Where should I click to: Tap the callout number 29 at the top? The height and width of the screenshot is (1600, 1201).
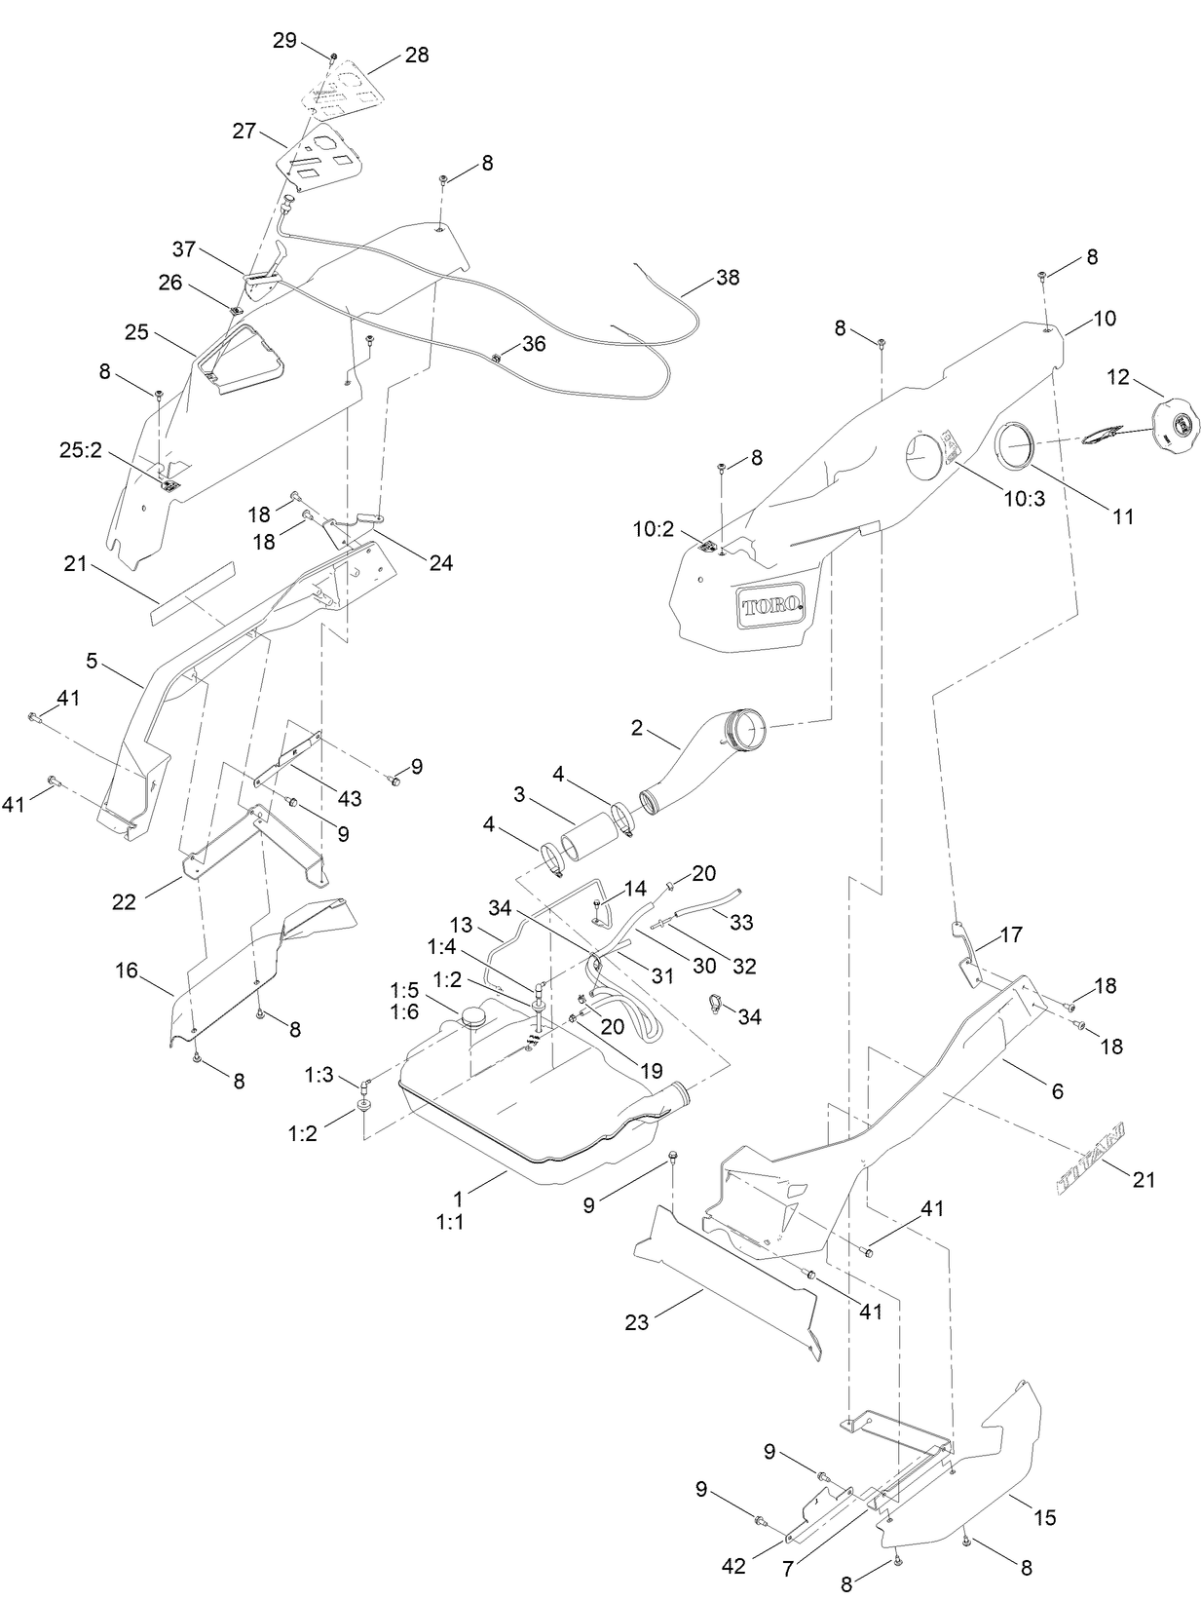click(284, 40)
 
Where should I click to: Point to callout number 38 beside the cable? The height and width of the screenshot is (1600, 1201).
click(727, 278)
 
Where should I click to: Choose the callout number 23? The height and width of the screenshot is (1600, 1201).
click(636, 1322)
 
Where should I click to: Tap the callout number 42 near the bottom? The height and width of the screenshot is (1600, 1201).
click(733, 1566)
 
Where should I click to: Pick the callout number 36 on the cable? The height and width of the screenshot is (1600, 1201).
click(534, 344)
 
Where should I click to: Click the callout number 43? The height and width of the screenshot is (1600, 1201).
click(349, 798)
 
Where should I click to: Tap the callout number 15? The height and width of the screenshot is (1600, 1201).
click(1045, 1517)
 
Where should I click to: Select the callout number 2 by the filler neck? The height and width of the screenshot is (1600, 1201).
click(637, 727)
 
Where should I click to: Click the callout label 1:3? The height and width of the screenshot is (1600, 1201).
click(319, 1075)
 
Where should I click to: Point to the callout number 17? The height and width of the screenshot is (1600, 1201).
click(1011, 934)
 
